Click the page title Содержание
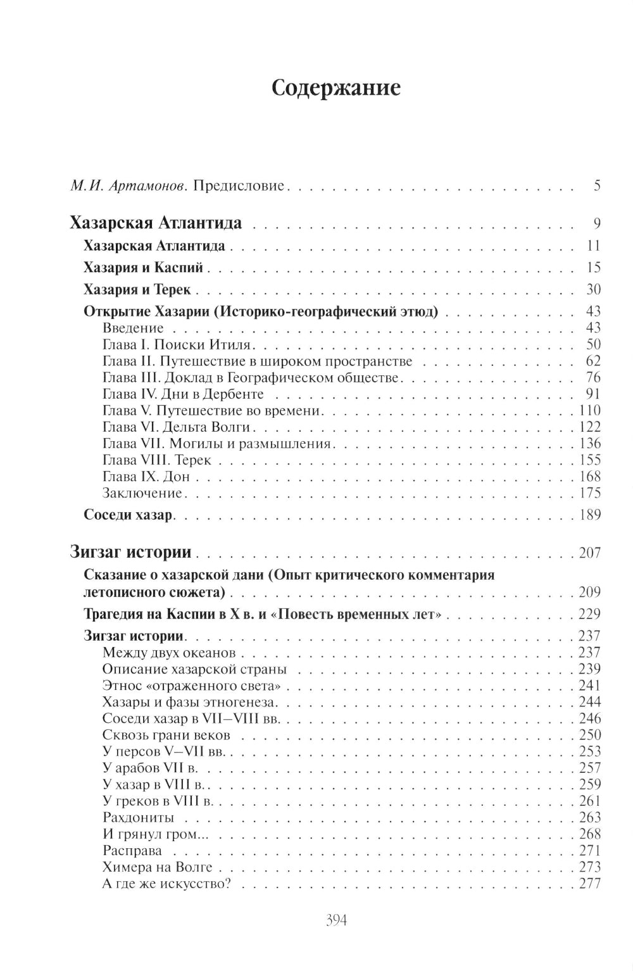coord(335,89)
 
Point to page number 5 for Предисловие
coord(596,186)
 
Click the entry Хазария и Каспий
coord(143,268)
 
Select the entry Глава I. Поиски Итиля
coord(177,345)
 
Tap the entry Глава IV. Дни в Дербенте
coord(182,394)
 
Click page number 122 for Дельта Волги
coord(589,427)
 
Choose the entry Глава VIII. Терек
coord(156,460)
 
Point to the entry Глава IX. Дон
coord(146,477)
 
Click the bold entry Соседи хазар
coord(128,515)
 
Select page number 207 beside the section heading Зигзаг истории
coord(589,553)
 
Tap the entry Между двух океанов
coord(168,653)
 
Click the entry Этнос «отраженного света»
coord(191,686)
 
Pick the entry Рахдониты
coord(138,817)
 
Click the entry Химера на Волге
coord(157,867)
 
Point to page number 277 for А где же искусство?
coord(589,884)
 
